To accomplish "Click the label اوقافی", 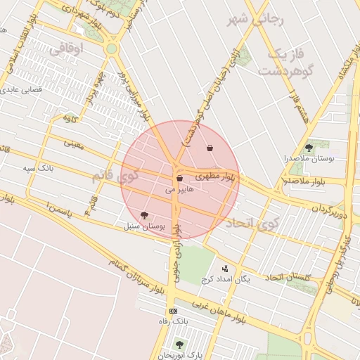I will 67,48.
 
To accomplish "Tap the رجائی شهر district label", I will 255,20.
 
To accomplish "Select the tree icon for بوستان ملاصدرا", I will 309,147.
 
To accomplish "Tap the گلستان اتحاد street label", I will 290,278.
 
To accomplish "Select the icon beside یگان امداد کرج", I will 225,268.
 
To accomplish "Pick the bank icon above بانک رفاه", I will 173,311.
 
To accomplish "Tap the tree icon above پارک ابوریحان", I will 179,345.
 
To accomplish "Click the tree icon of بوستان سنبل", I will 145,216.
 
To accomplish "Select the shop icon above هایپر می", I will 180,179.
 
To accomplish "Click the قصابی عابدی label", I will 25,90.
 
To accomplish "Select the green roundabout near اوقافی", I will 111,49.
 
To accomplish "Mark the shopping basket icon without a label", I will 210,148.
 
